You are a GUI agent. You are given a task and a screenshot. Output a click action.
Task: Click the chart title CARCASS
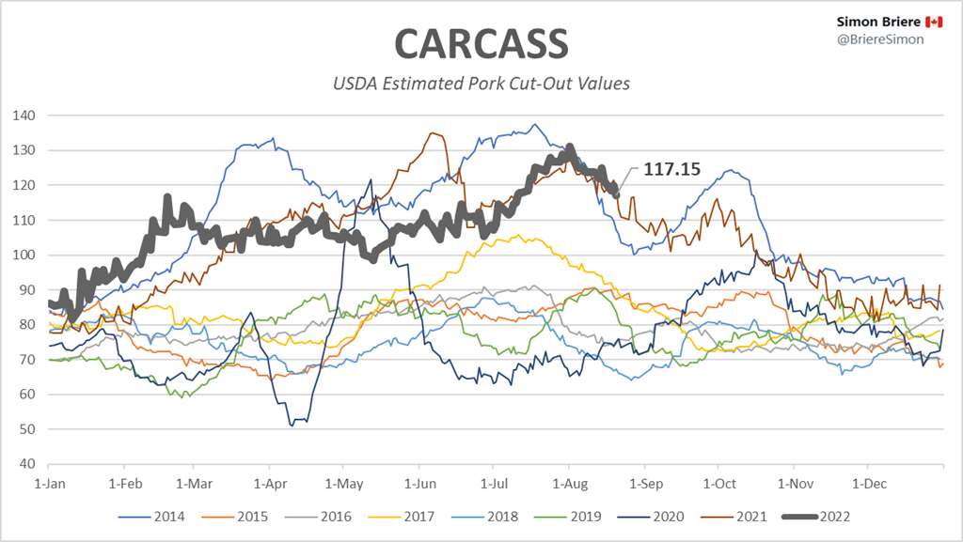[481, 44]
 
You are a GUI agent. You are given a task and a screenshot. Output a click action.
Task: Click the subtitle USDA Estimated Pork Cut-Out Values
[481, 84]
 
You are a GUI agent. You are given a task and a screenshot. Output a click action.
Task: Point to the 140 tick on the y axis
[24, 116]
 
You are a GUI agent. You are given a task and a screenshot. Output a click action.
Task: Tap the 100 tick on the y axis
[24, 255]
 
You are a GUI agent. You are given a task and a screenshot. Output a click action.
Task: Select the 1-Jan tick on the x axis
[48, 483]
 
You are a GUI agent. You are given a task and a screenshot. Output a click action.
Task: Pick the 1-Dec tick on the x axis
[868, 483]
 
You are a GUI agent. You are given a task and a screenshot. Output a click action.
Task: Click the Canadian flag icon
[934, 22]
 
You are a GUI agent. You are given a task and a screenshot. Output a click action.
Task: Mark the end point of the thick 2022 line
[616, 194]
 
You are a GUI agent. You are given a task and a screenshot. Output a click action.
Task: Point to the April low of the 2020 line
[292, 425]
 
